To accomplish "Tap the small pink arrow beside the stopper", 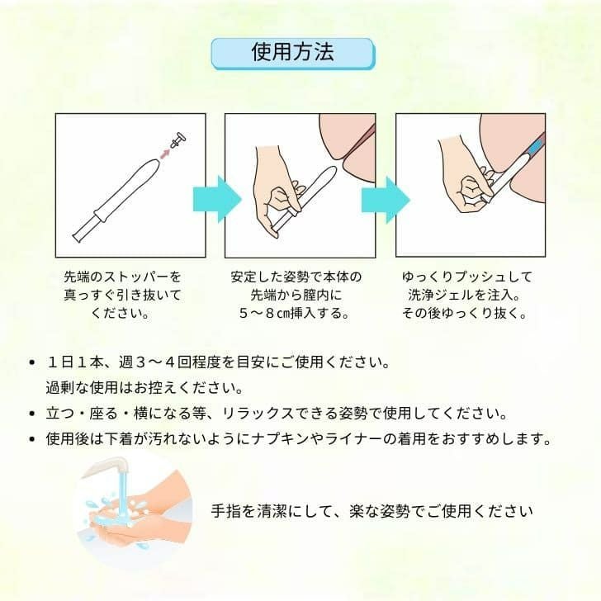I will coord(165,153).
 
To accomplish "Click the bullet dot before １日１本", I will coord(31,363).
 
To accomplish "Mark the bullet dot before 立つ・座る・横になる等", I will coord(31,413).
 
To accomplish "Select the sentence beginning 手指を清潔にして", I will coord(371,511).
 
